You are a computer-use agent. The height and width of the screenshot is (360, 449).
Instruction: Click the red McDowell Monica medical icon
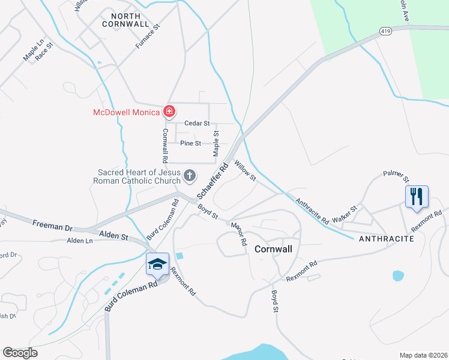click(169, 112)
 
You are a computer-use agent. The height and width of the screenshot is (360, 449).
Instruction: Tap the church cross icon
click(190, 175)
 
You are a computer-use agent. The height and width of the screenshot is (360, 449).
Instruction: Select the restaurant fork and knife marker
click(417, 196)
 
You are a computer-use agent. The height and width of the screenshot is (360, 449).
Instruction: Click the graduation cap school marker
click(157, 264)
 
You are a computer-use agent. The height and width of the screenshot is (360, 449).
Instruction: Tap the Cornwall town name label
click(273, 248)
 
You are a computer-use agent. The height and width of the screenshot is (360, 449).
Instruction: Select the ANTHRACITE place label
click(387, 239)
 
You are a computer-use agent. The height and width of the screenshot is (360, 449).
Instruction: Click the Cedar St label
click(196, 124)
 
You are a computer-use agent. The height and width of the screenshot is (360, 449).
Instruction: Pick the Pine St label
click(191, 143)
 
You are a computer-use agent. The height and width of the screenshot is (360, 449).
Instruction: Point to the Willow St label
click(245, 170)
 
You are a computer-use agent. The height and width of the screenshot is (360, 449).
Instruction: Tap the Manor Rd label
click(239, 233)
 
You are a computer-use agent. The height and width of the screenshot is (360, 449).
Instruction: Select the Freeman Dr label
click(52, 227)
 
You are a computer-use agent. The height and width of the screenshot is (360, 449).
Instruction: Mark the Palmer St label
click(396, 176)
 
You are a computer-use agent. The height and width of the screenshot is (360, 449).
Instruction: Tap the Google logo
click(20, 353)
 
